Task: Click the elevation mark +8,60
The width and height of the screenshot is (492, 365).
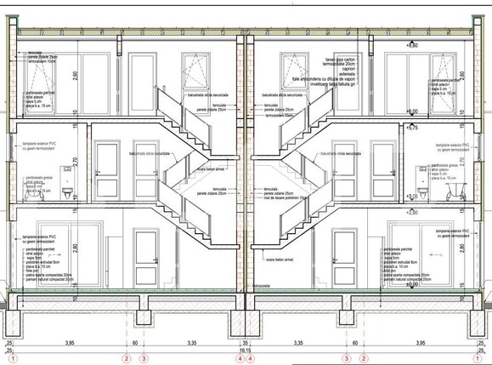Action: [413, 45]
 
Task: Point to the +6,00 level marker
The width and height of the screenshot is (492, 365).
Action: [413, 111]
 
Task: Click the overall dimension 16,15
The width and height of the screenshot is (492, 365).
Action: [246, 350]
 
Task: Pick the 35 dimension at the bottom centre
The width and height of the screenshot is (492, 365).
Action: [246, 343]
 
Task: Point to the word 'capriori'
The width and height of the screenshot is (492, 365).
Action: [331, 71]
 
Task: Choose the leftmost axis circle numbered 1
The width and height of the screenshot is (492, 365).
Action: [11, 359]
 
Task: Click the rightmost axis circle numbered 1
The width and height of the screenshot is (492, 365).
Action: [481, 359]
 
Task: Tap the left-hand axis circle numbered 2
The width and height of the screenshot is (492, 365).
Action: [126, 359]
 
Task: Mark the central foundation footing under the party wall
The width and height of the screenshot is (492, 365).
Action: [246, 322]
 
